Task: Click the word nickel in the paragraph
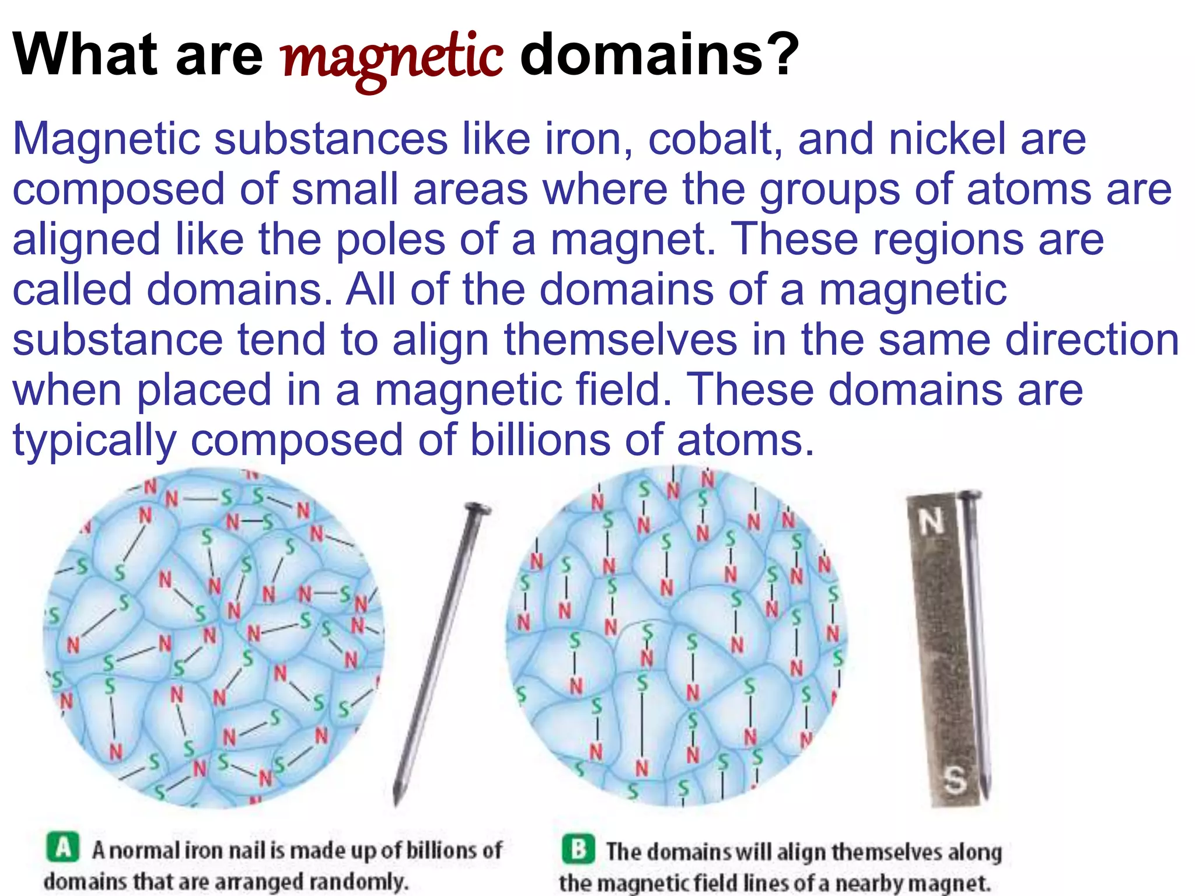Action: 948,140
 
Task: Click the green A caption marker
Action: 62,848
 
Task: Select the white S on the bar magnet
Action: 955,779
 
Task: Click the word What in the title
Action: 85,55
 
